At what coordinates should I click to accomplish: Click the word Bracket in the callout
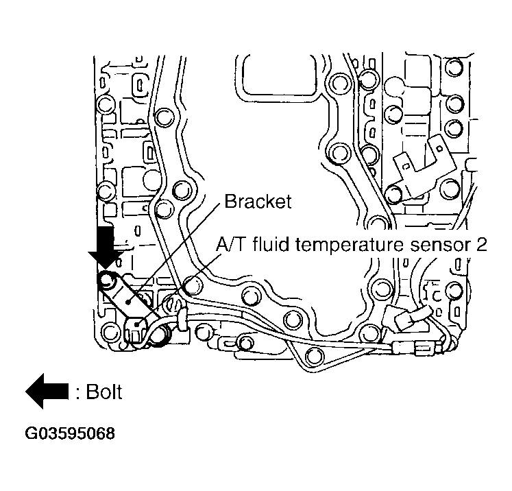[x=258, y=202]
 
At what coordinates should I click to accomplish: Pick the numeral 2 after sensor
[x=481, y=245]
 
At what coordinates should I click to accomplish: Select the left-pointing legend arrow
[x=47, y=392]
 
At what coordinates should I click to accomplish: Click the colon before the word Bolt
[x=79, y=393]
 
